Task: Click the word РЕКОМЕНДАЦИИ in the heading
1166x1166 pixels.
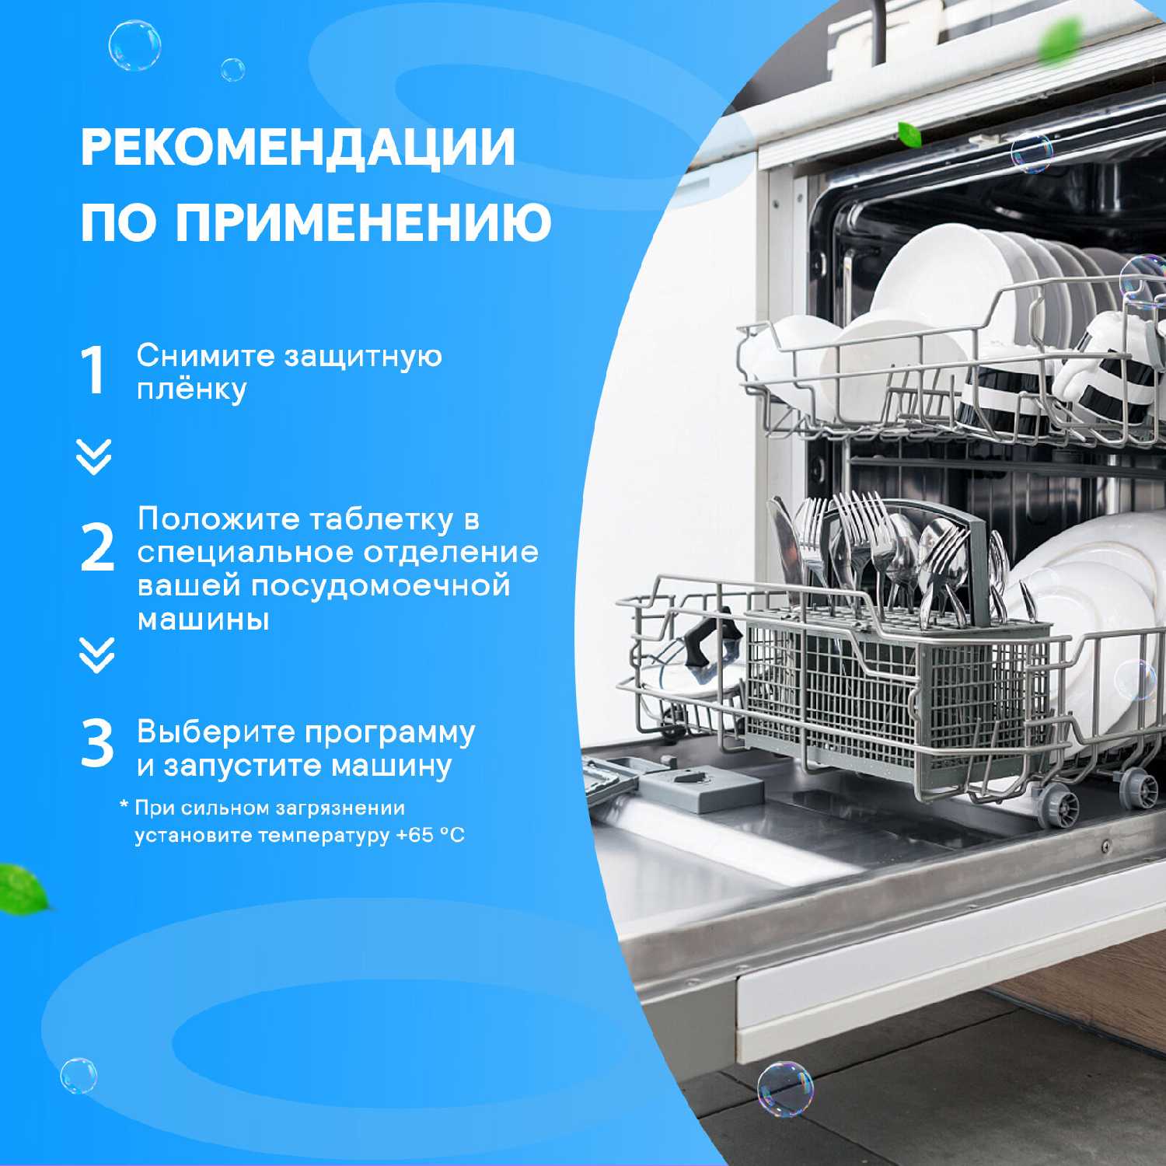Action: (x=298, y=146)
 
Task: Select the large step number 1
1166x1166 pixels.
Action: (x=93, y=371)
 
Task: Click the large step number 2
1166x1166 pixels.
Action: (x=97, y=548)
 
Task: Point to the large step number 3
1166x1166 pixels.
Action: (x=97, y=744)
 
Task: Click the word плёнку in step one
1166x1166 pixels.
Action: (x=192, y=389)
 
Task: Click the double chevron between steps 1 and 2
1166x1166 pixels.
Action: (x=94, y=456)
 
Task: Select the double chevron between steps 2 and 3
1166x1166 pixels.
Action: (x=96, y=655)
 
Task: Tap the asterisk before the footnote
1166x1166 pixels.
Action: (x=124, y=805)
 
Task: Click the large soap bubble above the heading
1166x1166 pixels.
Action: (x=134, y=46)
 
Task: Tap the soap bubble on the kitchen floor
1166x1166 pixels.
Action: (x=785, y=1088)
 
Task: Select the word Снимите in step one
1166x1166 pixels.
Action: (x=206, y=356)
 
